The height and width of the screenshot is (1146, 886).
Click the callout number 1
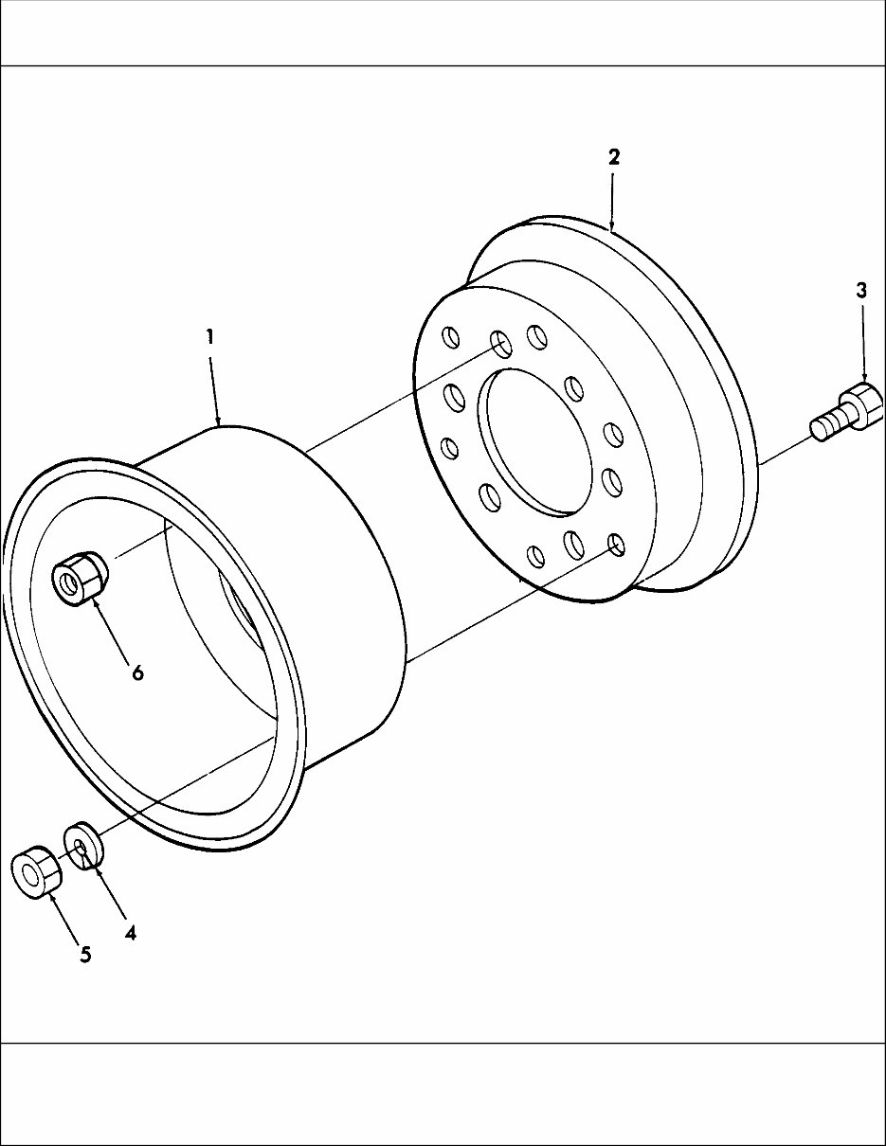209,336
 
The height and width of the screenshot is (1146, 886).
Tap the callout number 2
613,157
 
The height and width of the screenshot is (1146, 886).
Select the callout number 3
860,291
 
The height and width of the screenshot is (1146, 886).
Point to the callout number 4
130,932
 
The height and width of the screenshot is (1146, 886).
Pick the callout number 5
85,955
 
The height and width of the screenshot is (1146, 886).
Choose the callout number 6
137,672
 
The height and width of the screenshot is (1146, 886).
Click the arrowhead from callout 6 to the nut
96,603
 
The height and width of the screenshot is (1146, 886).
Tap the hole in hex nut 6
67,582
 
